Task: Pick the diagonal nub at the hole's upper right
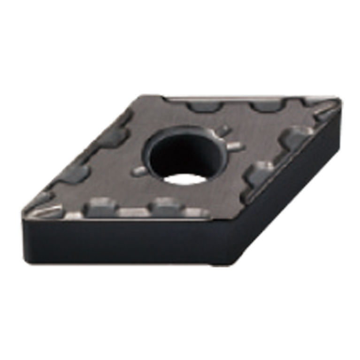pos(224,130)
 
